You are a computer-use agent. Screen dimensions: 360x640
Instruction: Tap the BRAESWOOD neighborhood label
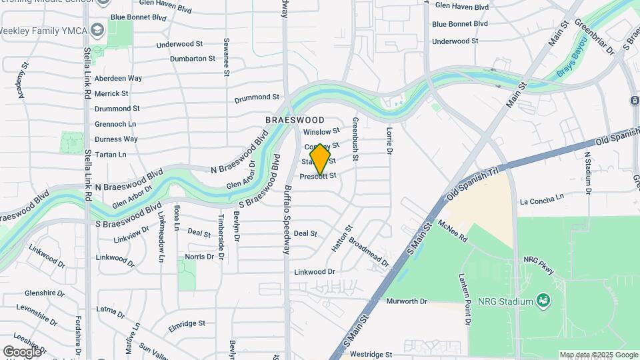tap(295, 120)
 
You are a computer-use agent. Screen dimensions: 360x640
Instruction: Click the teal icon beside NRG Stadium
tap(545, 301)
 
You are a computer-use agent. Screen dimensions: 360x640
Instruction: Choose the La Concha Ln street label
tap(542, 198)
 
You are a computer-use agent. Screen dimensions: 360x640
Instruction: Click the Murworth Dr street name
tap(406, 301)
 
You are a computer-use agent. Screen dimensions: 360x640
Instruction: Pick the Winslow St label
tap(321, 131)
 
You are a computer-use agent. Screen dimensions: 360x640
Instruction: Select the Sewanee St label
tap(227, 56)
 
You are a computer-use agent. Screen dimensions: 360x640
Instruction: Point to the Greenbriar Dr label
tap(590, 36)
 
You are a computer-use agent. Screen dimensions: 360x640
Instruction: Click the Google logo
tap(22, 351)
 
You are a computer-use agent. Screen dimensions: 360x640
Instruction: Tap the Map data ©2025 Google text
tap(598, 355)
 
